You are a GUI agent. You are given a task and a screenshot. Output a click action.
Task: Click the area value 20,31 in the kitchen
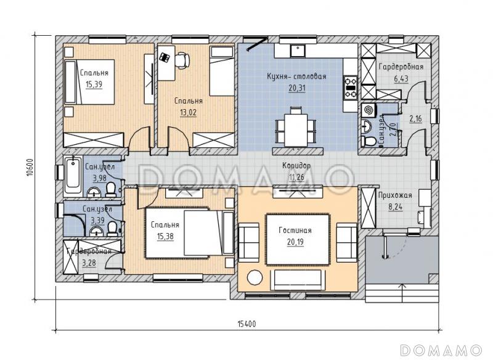tap(297, 88)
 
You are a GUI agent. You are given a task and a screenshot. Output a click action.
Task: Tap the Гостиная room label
tap(295, 231)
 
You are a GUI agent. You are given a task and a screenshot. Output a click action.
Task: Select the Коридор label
tap(296, 166)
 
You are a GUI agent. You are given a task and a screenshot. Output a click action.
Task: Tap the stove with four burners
tap(351, 87)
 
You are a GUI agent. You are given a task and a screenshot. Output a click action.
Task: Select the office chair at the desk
tap(182, 59)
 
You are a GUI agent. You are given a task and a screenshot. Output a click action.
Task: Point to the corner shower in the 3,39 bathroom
tap(75, 225)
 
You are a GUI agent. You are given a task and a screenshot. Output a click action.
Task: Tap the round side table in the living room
tap(255, 277)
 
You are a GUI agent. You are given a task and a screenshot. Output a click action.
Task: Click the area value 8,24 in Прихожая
tap(395, 207)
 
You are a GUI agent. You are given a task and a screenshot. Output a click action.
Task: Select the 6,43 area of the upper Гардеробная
tap(401, 78)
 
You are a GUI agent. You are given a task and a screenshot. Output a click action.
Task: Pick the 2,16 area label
tap(415, 119)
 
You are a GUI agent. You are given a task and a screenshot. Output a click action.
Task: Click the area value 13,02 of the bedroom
tap(188, 112)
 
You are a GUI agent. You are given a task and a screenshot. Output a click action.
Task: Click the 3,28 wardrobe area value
tap(89, 263)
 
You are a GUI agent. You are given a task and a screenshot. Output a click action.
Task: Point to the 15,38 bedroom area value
tap(165, 236)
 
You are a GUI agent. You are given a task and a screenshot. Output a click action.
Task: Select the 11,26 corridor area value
tap(296, 178)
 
